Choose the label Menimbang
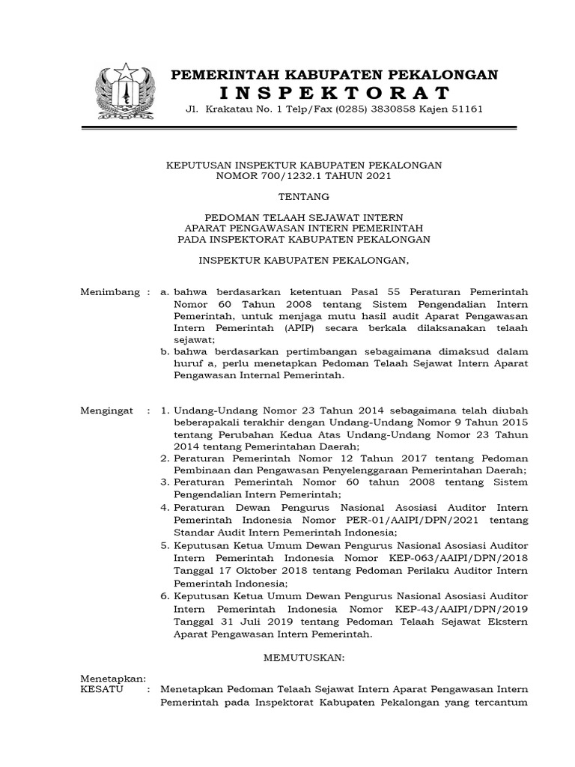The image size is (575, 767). click(x=109, y=291)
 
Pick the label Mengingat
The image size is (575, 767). click(x=106, y=411)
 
